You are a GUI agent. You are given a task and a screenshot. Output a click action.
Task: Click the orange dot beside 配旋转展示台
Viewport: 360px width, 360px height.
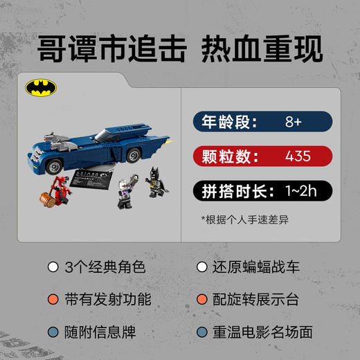[201, 299]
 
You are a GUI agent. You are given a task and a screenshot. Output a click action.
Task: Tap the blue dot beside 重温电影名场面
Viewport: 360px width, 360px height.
[201, 332]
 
